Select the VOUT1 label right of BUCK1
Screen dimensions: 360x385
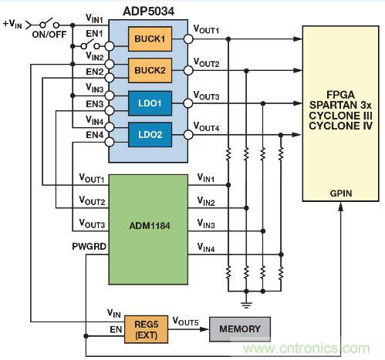pyautogui.click(x=207, y=30)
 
